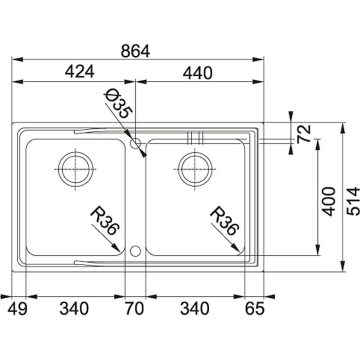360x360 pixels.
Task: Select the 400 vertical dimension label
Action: [x=330, y=201]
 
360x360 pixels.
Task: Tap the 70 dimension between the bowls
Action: [x=134, y=309]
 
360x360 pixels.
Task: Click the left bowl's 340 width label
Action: [x=74, y=309]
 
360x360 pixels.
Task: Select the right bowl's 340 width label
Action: [x=195, y=309]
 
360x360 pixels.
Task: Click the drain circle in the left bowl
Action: [x=76, y=169]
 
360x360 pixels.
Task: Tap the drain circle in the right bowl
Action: [x=195, y=169]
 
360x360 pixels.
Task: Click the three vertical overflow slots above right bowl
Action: [x=196, y=137]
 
